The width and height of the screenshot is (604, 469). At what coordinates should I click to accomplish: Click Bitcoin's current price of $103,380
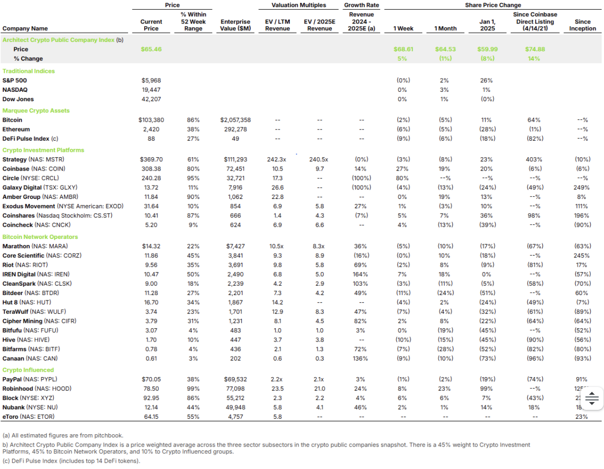pos(151,120)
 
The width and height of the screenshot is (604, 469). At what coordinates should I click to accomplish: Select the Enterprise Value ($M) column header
pos(236,25)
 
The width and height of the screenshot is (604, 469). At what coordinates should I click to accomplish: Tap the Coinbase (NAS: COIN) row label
pos(34,169)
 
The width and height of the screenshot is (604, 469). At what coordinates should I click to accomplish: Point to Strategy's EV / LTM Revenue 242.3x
pos(277,159)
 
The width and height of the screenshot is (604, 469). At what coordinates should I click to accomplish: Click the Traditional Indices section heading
pos(28,71)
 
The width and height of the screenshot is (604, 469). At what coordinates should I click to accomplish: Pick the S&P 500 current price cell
pos(151,80)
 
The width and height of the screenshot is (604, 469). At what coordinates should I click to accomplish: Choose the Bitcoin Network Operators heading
pos(40,236)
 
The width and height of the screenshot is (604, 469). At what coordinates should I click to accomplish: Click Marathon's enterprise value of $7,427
pos(236,246)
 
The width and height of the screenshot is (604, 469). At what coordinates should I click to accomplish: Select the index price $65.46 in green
pos(151,49)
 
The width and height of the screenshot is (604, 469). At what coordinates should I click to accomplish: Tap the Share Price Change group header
pos(493,5)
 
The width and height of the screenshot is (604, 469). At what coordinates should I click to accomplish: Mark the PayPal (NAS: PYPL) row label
pos(30,379)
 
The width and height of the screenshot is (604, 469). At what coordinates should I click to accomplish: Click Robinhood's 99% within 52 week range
pos(193,388)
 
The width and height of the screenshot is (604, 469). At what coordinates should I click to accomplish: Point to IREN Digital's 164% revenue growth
pos(360,274)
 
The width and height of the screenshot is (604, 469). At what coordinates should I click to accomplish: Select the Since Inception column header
pos(582,25)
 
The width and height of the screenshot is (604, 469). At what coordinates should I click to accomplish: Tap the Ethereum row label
pos(16,129)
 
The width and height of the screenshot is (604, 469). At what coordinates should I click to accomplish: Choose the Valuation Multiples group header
pos(299,5)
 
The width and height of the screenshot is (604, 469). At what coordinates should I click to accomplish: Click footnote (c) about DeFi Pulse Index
pos(71,461)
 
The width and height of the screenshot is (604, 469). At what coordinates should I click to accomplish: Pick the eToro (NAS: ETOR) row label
pos(28,416)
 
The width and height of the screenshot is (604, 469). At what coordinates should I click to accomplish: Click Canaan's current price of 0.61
pos(151,358)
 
